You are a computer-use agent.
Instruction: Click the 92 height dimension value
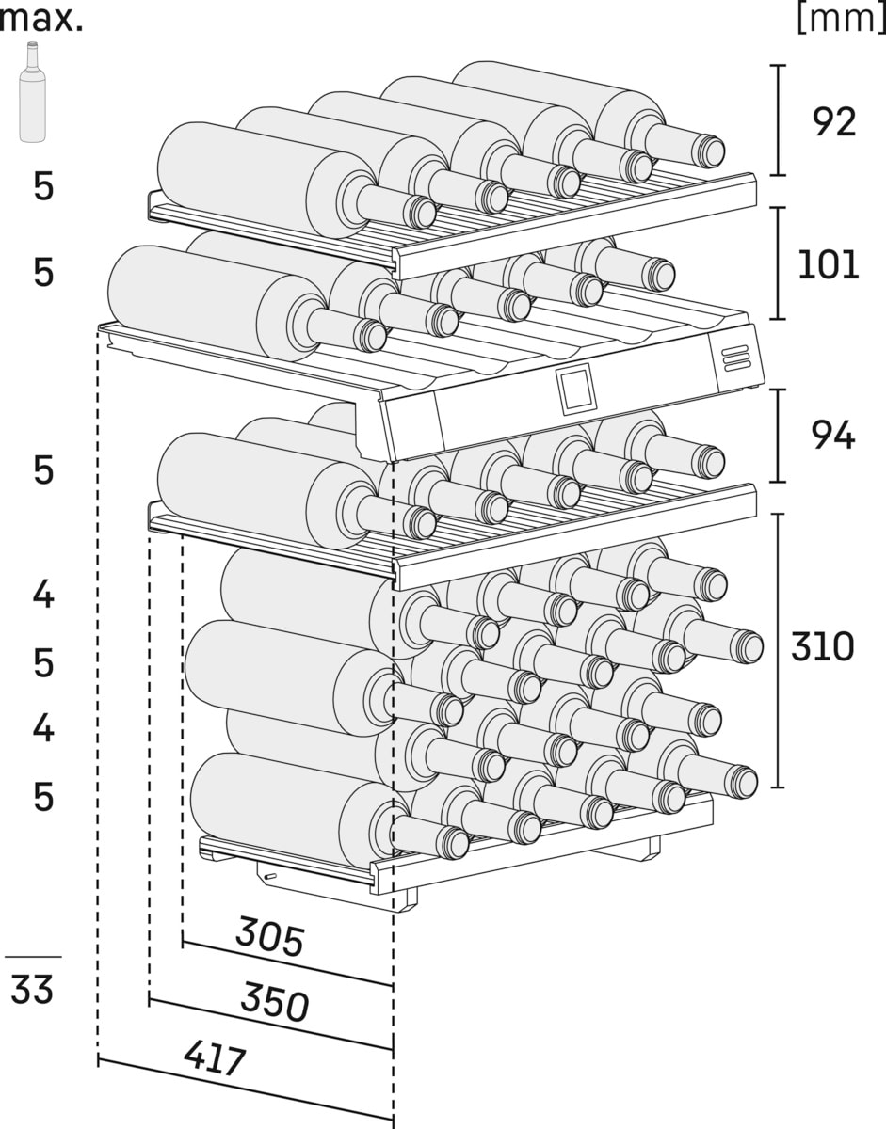pyautogui.click(x=833, y=121)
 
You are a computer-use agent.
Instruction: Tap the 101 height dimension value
pyautogui.click(x=828, y=265)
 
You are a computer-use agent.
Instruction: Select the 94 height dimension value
pyautogui.click(x=832, y=436)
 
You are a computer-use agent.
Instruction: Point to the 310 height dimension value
pyautogui.click(x=822, y=647)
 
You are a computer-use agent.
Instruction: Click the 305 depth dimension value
pyautogui.click(x=269, y=937)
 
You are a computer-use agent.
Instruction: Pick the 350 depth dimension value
pyautogui.click(x=274, y=1001)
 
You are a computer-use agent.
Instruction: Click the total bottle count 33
pyautogui.click(x=32, y=990)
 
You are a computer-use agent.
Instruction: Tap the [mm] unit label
pyautogui.click(x=840, y=19)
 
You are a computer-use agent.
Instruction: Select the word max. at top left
pyautogui.click(x=41, y=19)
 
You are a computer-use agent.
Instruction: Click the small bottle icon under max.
pyautogui.click(x=33, y=92)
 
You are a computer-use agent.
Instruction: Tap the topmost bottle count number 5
pyautogui.click(x=43, y=187)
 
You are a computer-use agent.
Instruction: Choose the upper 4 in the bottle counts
pyautogui.click(x=43, y=595)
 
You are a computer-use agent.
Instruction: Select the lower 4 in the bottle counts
pyautogui.click(x=43, y=728)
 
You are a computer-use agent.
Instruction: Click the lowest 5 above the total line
pyautogui.click(x=43, y=798)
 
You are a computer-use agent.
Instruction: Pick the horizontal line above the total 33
pyautogui.click(x=33, y=957)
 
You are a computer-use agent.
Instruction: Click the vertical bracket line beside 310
pyautogui.click(x=777, y=649)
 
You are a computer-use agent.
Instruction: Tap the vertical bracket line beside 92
pyautogui.click(x=777, y=120)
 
